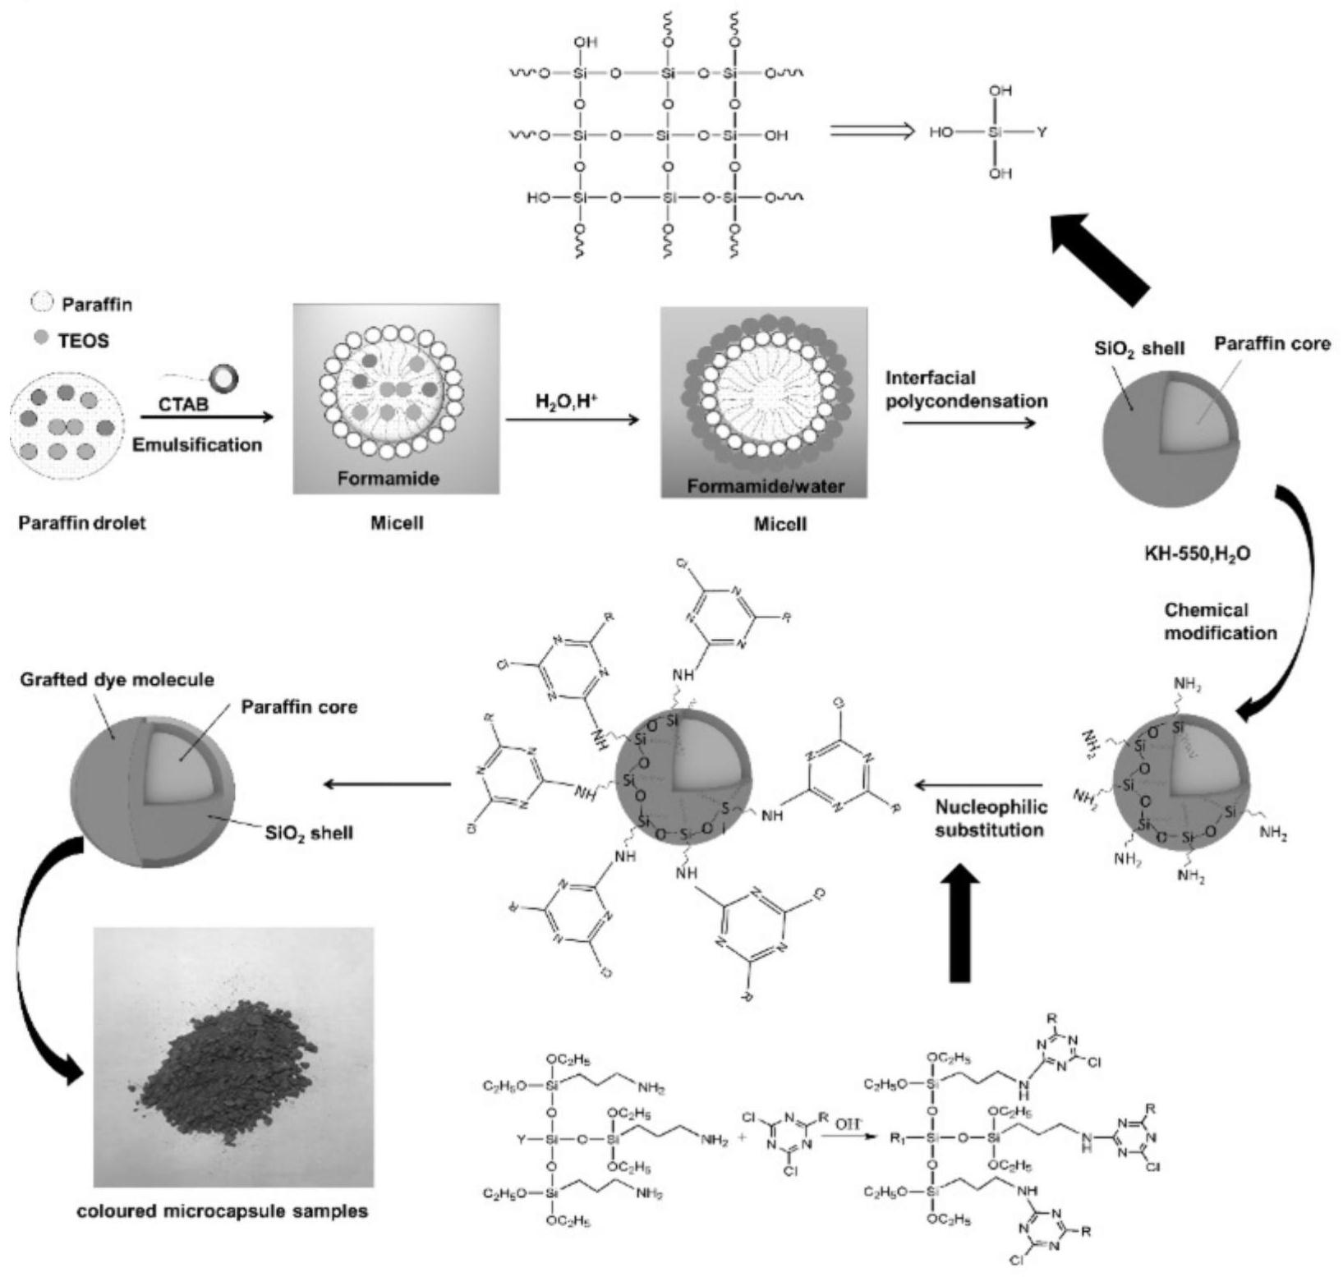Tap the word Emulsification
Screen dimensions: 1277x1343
(x=197, y=444)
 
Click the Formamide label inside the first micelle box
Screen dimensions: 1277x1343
(x=387, y=478)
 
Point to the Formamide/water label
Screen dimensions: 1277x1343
(x=765, y=486)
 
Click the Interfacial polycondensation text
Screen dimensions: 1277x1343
(x=966, y=389)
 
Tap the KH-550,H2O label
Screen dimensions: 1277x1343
(x=1197, y=554)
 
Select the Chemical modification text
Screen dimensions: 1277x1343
(x=1220, y=621)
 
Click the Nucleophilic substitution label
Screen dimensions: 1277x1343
(x=991, y=818)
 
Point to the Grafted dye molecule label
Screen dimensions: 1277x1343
(x=116, y=679)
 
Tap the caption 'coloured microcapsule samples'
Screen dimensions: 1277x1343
(x=222, y=1210)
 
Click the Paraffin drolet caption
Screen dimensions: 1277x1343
(x=81, y=522)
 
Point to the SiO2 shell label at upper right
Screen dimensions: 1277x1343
(x=1139, y=348)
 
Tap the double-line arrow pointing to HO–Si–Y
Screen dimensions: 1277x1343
(x=872, y=131)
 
